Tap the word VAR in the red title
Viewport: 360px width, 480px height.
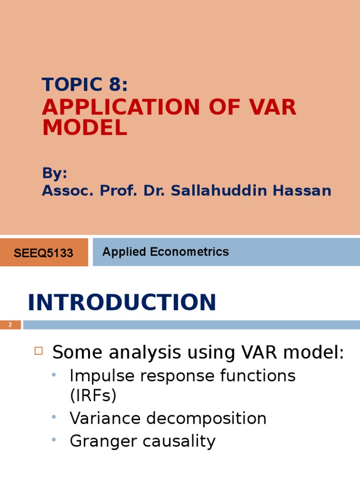click(x=271, y=107)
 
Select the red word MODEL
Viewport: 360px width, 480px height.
click(x=84, y=128)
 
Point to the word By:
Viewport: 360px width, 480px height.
click(x=55, y=173)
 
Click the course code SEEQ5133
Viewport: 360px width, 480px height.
click(x=44, y=253)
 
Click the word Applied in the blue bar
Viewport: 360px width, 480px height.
click(x=124, y=252)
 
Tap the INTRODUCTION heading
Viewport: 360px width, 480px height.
click(x=122, y=302)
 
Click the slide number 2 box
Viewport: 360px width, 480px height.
click(x=10, y=324)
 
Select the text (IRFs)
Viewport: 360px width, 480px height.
click(x=93, y=396)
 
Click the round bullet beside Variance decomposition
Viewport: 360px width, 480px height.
click(x=54, y=417)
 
